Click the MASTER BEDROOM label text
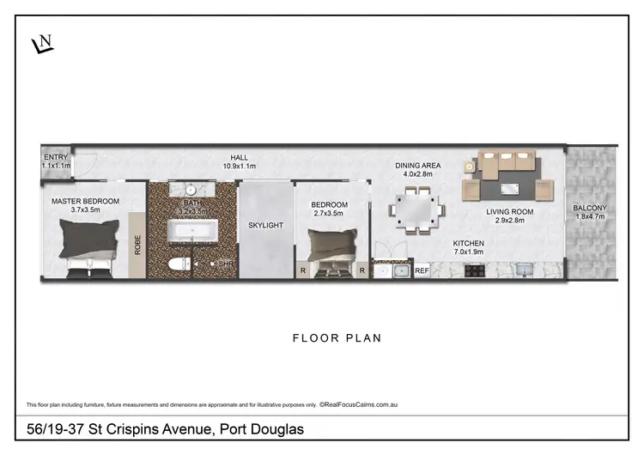[x=85, y=201]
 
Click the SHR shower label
[x=226, y=264]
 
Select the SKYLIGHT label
[x=265, y=225]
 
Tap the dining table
[x=417, y=210]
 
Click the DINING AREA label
[x=417, y=166]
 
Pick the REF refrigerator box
[x=422, y=270]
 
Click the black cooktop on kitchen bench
[x=475, y=270]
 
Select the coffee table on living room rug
[x=513, y=184]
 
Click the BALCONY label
[x=590, y=208]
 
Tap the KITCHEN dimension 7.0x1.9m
[x=470, y=253]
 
